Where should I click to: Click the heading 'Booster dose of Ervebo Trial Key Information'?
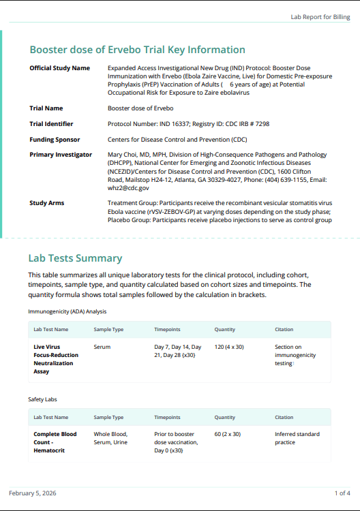click(x=137, y=50)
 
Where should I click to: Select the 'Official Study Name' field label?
click(x=59, y=68)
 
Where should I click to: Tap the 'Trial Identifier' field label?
click(x=51, y=123)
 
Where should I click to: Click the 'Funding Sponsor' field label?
click(x=55, y=139)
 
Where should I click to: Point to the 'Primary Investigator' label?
click(x=61, y=155)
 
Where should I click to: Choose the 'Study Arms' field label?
click(x=47, y=203)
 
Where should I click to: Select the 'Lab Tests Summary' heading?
click(x=75, y=258)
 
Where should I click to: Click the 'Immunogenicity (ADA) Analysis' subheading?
click(x=67, y=311)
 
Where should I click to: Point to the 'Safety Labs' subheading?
click(x=42, y=399)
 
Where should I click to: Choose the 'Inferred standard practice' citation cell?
click(x=297, y=438)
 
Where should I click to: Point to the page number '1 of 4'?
click(x=342, y=493)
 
